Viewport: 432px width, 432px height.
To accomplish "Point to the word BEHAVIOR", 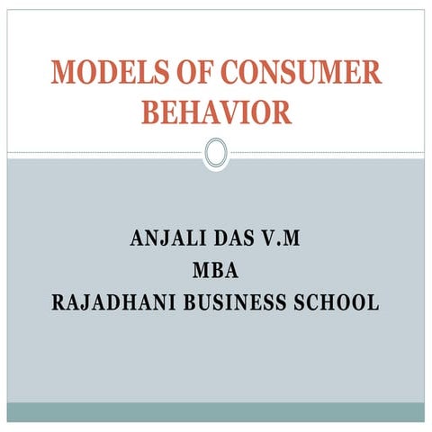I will point(216,112).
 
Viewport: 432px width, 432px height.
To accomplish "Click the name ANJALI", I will point(167,240).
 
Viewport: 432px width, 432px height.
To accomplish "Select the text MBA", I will point(216,271).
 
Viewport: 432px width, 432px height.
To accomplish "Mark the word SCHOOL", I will point(338,301).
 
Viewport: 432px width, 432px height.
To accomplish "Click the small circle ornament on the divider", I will point(216,153).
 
